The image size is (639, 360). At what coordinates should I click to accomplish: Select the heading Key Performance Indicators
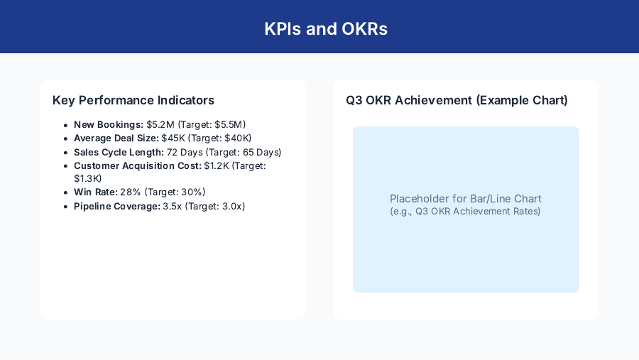click(x=133, y=100)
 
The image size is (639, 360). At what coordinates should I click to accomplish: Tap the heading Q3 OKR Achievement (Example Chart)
click(x=457, y=100)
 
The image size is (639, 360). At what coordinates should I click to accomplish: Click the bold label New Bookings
click(x=109, y=124)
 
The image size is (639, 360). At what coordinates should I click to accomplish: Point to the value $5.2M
click(x=160, y=124)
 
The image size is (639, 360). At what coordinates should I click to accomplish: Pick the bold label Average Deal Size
click(x=116, y=138)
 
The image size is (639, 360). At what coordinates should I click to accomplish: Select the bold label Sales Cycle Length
click(x=119, y=152)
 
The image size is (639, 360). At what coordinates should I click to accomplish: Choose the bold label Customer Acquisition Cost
click(x=138, y=165)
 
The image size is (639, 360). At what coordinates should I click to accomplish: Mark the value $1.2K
click(x=217, y=165)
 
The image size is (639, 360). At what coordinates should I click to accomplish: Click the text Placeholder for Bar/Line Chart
click(x=466, y=199)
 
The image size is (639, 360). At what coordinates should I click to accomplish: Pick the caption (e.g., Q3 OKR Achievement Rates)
click(x=466, y=212)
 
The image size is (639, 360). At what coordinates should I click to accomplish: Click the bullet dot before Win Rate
click(x=65, y=192)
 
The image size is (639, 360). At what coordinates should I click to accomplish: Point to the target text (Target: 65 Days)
click(x=244, y=152)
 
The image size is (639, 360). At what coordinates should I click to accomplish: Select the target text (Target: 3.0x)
click(x=214, y=206)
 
